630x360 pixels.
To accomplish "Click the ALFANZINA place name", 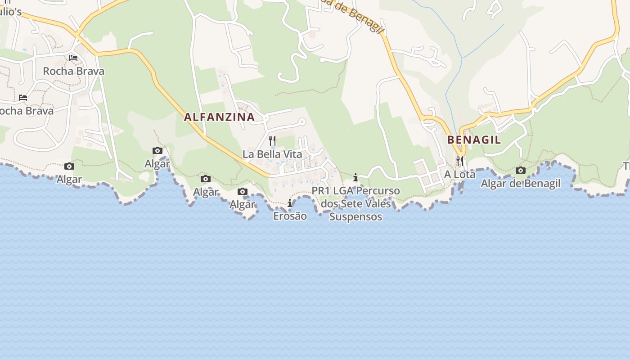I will tap(219, 117).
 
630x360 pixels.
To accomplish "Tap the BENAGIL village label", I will tap(474, 139).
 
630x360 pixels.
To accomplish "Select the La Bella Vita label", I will tap(272, 154).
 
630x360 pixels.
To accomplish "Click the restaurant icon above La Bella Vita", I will tap(272, 141).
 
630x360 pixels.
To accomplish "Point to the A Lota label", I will tap(460, 174).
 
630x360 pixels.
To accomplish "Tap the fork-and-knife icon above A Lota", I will tap(459, 161).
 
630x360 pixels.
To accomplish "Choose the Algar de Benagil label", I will tap(521, 183).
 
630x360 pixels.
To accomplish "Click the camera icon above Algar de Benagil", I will tap(521, 170).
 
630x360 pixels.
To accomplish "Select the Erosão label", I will tap(290, 216).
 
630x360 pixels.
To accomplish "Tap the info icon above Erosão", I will tap(290, 203).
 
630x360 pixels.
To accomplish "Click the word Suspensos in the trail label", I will tap(355, 216).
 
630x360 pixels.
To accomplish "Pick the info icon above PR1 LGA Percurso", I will tap(355, 177).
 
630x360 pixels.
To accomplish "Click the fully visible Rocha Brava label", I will tap(73, 71).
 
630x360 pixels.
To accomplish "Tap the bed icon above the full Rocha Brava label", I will tap(73, 58).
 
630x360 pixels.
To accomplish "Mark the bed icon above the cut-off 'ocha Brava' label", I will tap(23, 97).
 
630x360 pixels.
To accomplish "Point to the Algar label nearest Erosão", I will tap(243, 205).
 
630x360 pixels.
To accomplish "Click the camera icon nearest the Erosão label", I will tap(243, 192).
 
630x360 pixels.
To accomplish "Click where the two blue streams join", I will tap(462, 58).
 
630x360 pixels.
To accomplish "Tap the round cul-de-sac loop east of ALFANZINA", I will tap(302, 121).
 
